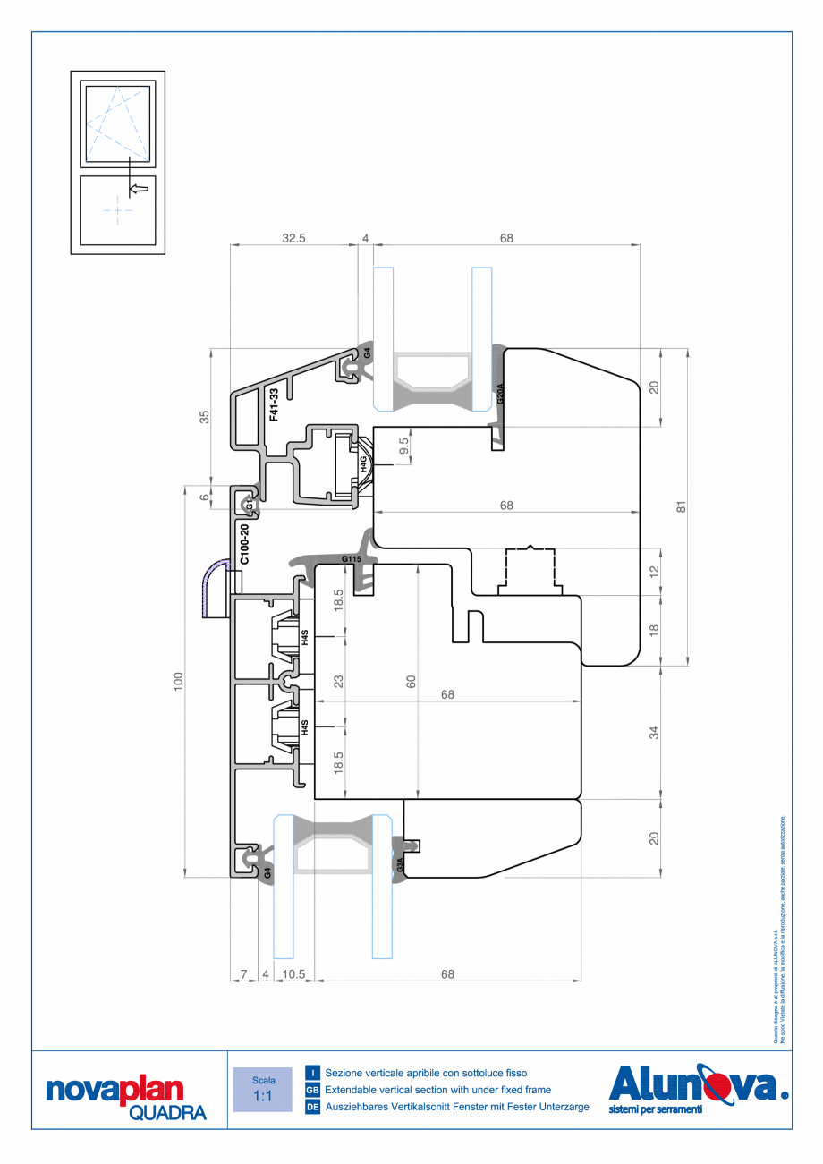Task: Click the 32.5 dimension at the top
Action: point(293,238)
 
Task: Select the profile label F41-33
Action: point(275,404)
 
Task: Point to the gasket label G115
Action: point(351,560)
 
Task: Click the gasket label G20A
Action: point(501,394)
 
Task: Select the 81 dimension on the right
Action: point(681,506)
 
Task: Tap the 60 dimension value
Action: point(411,681)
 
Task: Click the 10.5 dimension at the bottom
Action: point(293,974)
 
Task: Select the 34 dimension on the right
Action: point(654,733)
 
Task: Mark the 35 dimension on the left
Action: point(205,416)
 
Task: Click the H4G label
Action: point(364,463)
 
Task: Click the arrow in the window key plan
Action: point(138,189)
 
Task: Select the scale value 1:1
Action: point(263,1096)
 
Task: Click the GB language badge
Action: point(313,1090)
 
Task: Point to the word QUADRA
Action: point(167,1113)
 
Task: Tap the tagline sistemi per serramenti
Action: point(655,1109)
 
